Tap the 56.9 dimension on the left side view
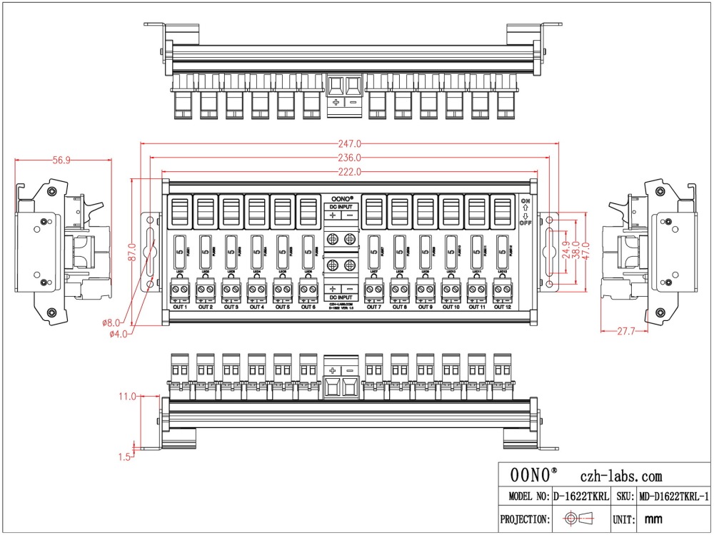click(x=61, y=160)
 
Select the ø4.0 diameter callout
click(x=118, y=332)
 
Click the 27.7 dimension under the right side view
click(x=625, y=332)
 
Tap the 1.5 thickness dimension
click(x=125, y=457)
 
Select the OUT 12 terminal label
click(x=503, y=307)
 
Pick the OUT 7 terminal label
click(x=373, y=307)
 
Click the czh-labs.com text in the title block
click(x=620, y=477)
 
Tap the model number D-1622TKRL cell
click(x=581, y=496)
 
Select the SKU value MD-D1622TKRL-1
click(x=673, y=496)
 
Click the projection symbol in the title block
click(x=578, y=519)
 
